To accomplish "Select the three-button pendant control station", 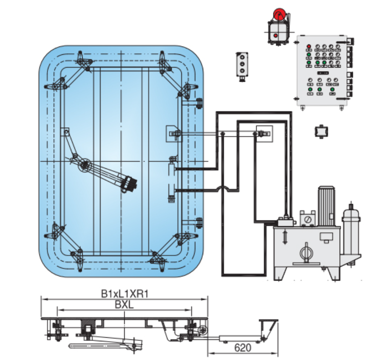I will (x=242, y=66).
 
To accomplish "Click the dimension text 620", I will (x=242, y=348).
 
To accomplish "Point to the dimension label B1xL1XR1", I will (x=125, y=294).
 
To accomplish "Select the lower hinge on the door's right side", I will (x=199, y=223).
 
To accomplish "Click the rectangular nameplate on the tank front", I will (x=326, y=236).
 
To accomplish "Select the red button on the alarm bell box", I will (x=276, y=35).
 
